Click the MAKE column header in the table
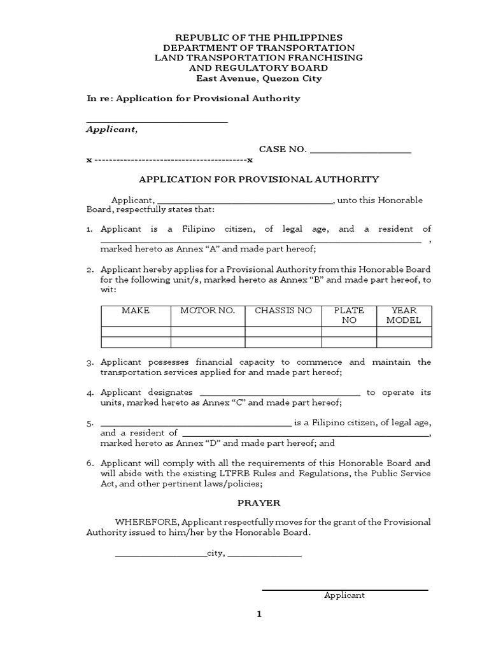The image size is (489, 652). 136,311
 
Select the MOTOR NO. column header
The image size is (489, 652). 208,311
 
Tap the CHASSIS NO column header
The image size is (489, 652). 283,311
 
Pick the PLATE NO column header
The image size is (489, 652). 349,315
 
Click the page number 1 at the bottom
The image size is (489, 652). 259,614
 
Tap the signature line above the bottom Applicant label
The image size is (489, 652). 344,589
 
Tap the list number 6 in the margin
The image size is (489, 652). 90,464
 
